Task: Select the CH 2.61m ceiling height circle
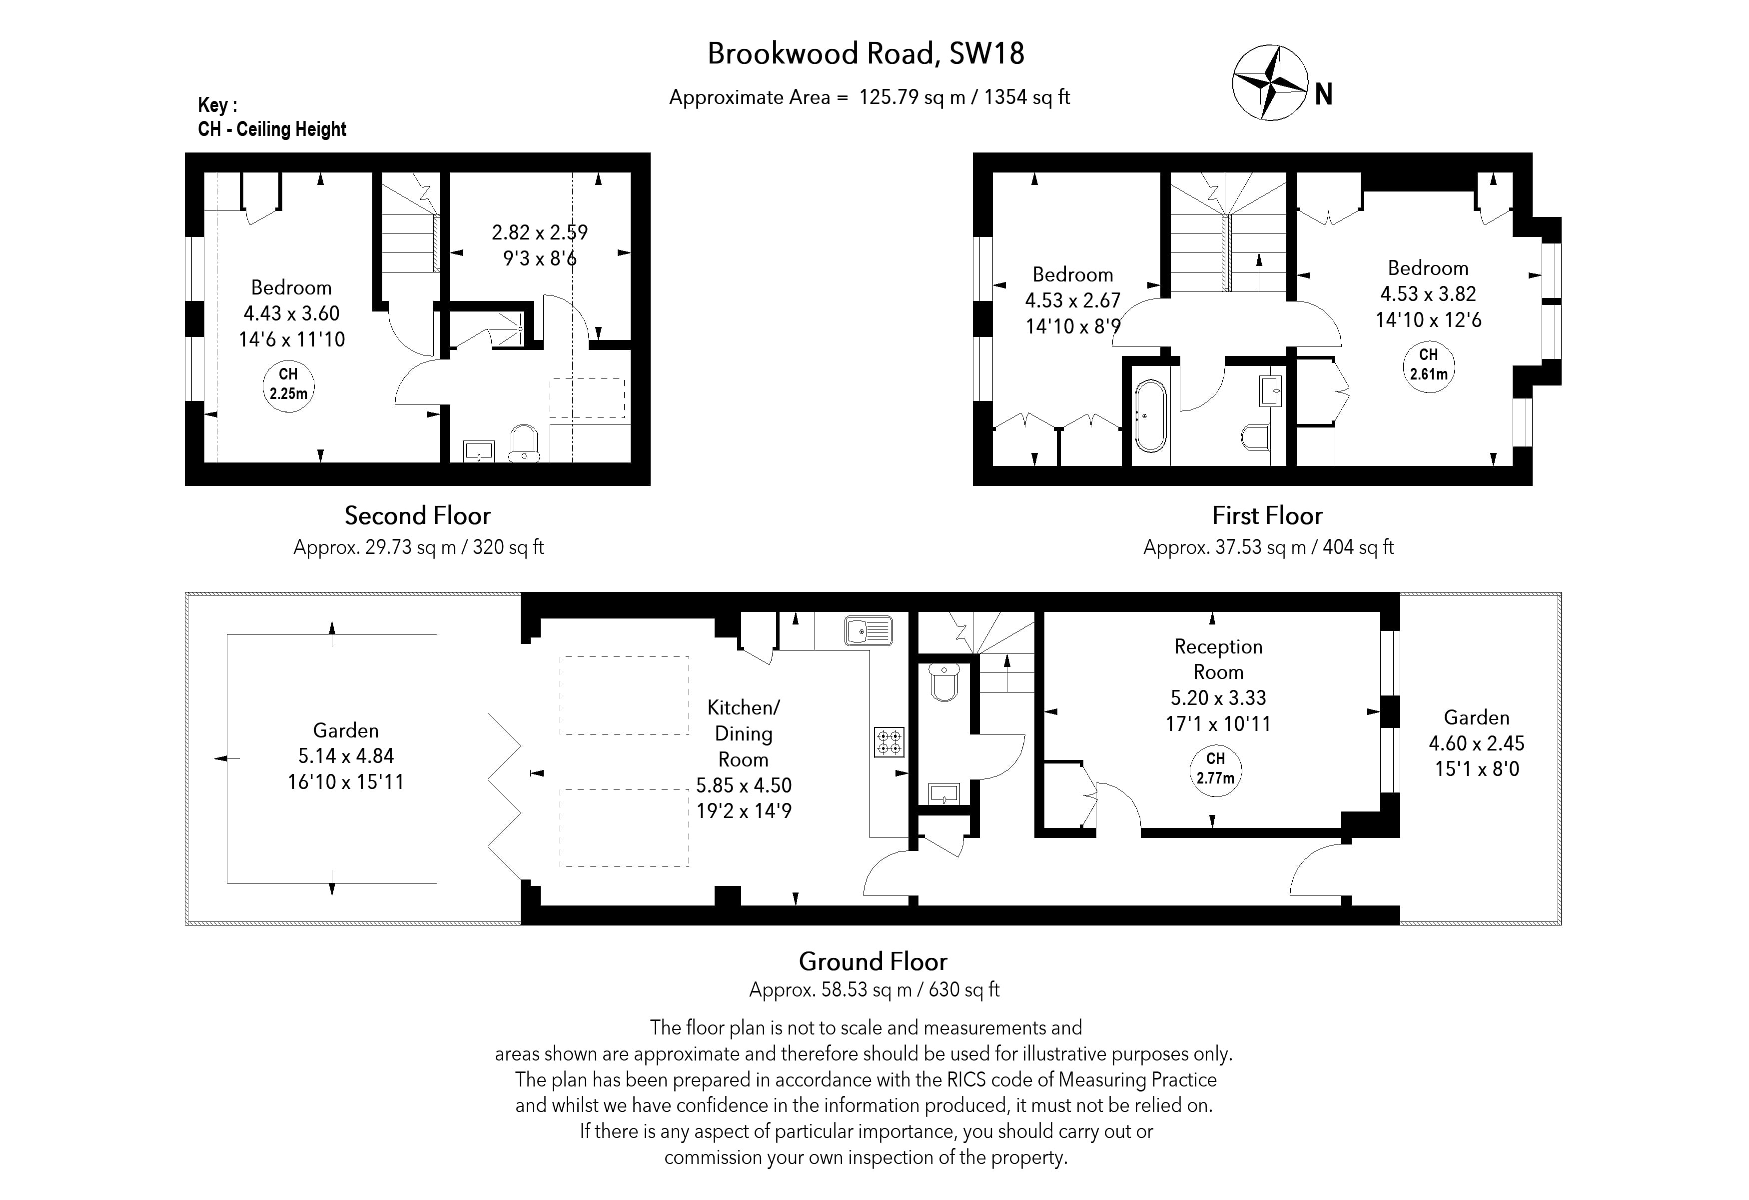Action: [1428, 365]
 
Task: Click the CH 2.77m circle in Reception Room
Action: [1215, 769]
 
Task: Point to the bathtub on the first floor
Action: [1150, 415]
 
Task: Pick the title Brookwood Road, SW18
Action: [866, 54]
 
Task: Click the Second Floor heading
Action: [418, 515]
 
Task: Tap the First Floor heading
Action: [1267, 515]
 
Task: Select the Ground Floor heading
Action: [873, 961]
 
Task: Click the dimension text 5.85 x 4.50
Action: [744, 785]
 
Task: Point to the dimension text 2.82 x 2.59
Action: [540, 232]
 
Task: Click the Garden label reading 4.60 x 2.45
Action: [1477, 743]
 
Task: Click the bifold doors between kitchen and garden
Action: [504, 796]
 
